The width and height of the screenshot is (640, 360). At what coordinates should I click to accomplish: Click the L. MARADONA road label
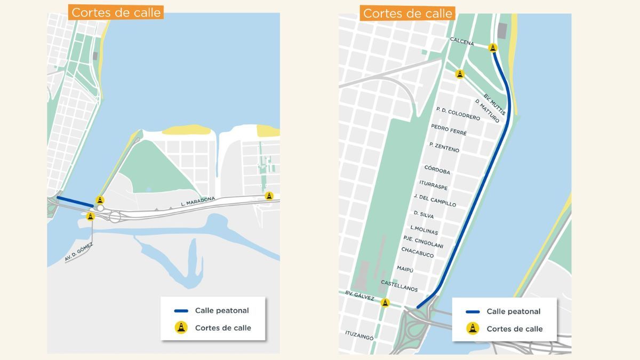[x=198, y=202]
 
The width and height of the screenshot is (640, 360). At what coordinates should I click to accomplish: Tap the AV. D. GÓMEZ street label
[x=79, y=252]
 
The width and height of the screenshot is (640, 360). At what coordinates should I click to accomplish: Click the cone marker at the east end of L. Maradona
[x=269, y=196]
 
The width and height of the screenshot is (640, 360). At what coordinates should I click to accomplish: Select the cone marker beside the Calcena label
[x=493, y=48]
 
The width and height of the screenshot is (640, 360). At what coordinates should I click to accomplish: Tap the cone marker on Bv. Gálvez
[x=385, y=302]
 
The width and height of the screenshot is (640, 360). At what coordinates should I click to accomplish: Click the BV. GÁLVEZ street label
[x=359, y=296]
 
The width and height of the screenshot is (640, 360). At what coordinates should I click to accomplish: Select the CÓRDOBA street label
[x=437, y=170]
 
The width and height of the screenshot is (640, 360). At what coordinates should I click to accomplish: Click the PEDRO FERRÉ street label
[x=449, y=130]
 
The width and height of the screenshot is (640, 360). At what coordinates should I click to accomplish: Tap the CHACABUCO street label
[x=417, y=252]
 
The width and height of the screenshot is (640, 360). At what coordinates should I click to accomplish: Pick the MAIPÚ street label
[x=405, y=269]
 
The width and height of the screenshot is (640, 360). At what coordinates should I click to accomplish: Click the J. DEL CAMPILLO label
[x=435, y=200]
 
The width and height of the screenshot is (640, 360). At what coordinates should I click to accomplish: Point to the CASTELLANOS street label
[x=399, y=285]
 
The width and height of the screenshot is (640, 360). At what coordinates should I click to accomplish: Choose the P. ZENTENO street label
[x=444, y=147]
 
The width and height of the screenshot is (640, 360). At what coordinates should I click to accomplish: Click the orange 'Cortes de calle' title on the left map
[x=116, y=12]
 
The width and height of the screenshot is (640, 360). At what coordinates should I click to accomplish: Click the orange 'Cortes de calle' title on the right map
[x=407, y=13]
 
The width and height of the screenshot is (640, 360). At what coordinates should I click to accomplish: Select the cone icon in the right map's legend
[x=473, y=329]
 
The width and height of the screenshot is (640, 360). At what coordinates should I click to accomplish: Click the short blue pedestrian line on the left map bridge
[x=75, y=202]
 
